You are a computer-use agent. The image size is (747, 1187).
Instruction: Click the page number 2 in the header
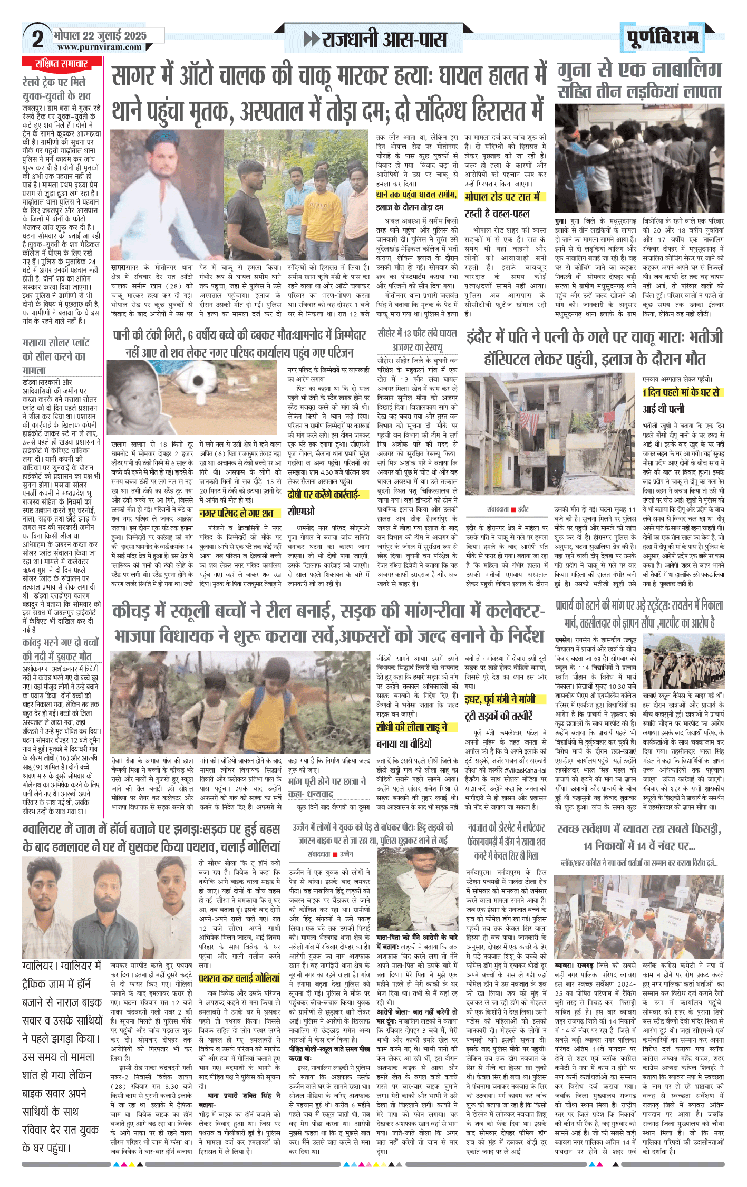coord(37,39)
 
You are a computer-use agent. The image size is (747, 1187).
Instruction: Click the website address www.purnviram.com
coord(99,47)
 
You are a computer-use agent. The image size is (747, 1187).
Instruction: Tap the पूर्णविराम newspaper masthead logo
coord(663,37)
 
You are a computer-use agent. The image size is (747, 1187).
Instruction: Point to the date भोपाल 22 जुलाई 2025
coord(100,35)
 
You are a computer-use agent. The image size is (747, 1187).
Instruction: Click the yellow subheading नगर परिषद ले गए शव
coord(236,513)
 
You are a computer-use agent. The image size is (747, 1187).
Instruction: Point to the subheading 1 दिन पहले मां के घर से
coord(680,392)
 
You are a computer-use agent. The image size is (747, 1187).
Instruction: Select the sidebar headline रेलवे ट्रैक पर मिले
coord(54,82)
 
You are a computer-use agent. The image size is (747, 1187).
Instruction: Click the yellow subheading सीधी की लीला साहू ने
coord(412,727)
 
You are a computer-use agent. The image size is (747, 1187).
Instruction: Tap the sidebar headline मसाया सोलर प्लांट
coord(56,343)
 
